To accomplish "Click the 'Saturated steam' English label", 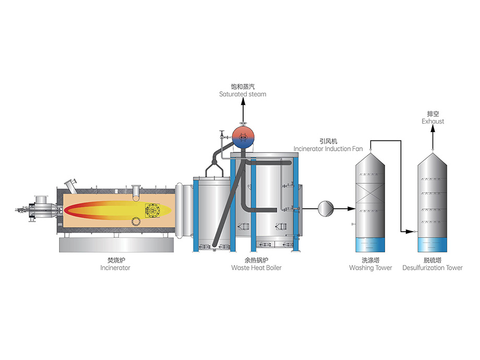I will pyautogui.click(x=242, y=94).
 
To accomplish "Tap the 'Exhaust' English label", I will pyautogui.click(x=433, y=122).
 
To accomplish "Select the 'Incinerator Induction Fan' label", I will pyautogui.click(x=328, y=149).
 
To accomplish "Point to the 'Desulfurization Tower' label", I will pyautogui.click(x=432, y=268).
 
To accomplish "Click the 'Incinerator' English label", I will pyautogui.click(x=115, y=268).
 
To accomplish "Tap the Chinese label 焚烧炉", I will pyautogui.click(x=115, y=260).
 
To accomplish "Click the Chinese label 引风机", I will pyautogui.click(x=328, y=141).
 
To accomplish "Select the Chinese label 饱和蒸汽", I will pyautogui.click(x=242, y=86).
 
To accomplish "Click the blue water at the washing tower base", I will pyautogui.click(x=370, y=245).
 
